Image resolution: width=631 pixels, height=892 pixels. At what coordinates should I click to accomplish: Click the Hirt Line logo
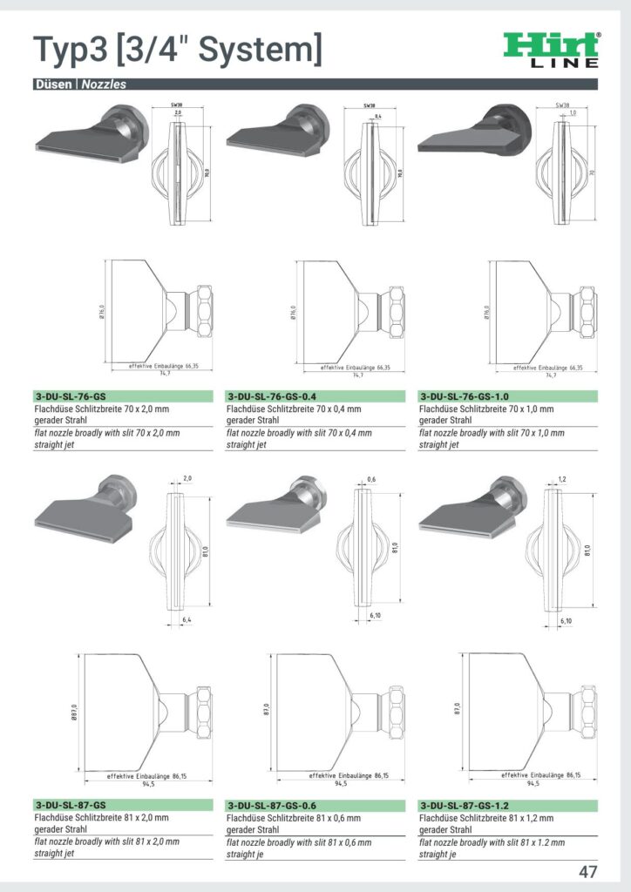[x=552, y=50]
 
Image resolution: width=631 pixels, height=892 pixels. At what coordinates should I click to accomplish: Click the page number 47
[x=587, y=871]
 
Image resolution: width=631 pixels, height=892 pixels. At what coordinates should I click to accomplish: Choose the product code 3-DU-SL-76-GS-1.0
[x=465, y=395]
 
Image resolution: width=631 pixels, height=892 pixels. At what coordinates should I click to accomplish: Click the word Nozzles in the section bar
[x=104, y=84]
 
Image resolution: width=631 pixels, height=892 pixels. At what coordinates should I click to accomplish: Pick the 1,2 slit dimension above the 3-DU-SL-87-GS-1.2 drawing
[x=562, y=479]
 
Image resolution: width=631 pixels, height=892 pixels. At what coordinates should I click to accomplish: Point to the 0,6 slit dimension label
[x=372, y=479]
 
